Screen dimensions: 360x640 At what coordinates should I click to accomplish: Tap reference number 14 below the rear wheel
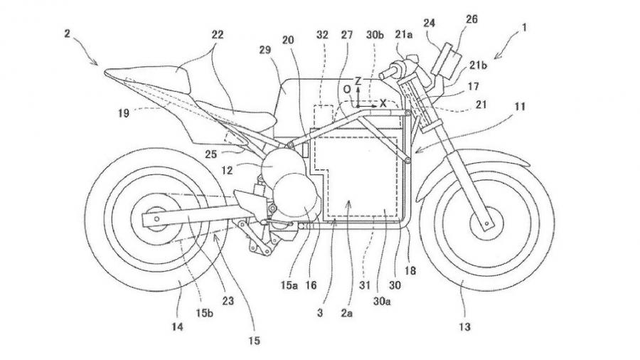(176, 327)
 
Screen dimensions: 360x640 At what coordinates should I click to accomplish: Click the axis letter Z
(359, 83)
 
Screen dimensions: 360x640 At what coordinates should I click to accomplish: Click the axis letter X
(383, 103)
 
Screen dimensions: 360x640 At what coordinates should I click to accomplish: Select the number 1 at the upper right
(525, 30)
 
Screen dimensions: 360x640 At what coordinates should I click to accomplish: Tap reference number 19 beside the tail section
(125, 111)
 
